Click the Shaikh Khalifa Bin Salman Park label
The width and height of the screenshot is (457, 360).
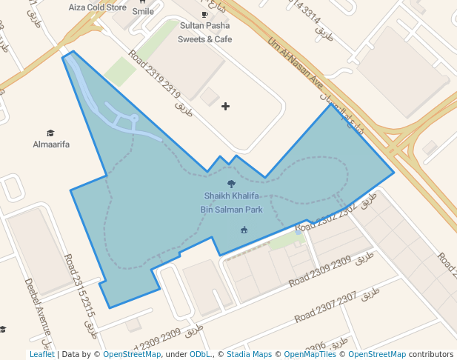(231, 202)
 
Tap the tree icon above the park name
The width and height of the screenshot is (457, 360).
(231, 184)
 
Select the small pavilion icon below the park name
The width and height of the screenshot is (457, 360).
(244, 230)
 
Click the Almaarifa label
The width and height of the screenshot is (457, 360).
(51, 144)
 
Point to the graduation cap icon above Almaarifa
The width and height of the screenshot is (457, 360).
(50, 133)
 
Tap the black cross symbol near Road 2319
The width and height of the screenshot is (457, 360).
(225, 107)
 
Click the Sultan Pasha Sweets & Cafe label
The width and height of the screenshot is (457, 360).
(205, 32)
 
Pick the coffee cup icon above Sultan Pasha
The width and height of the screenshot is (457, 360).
(204, 14)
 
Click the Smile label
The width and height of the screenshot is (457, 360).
(143, 12)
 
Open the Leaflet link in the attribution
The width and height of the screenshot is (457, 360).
(41, 354)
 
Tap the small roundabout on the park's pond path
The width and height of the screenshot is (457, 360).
(134, 118)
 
